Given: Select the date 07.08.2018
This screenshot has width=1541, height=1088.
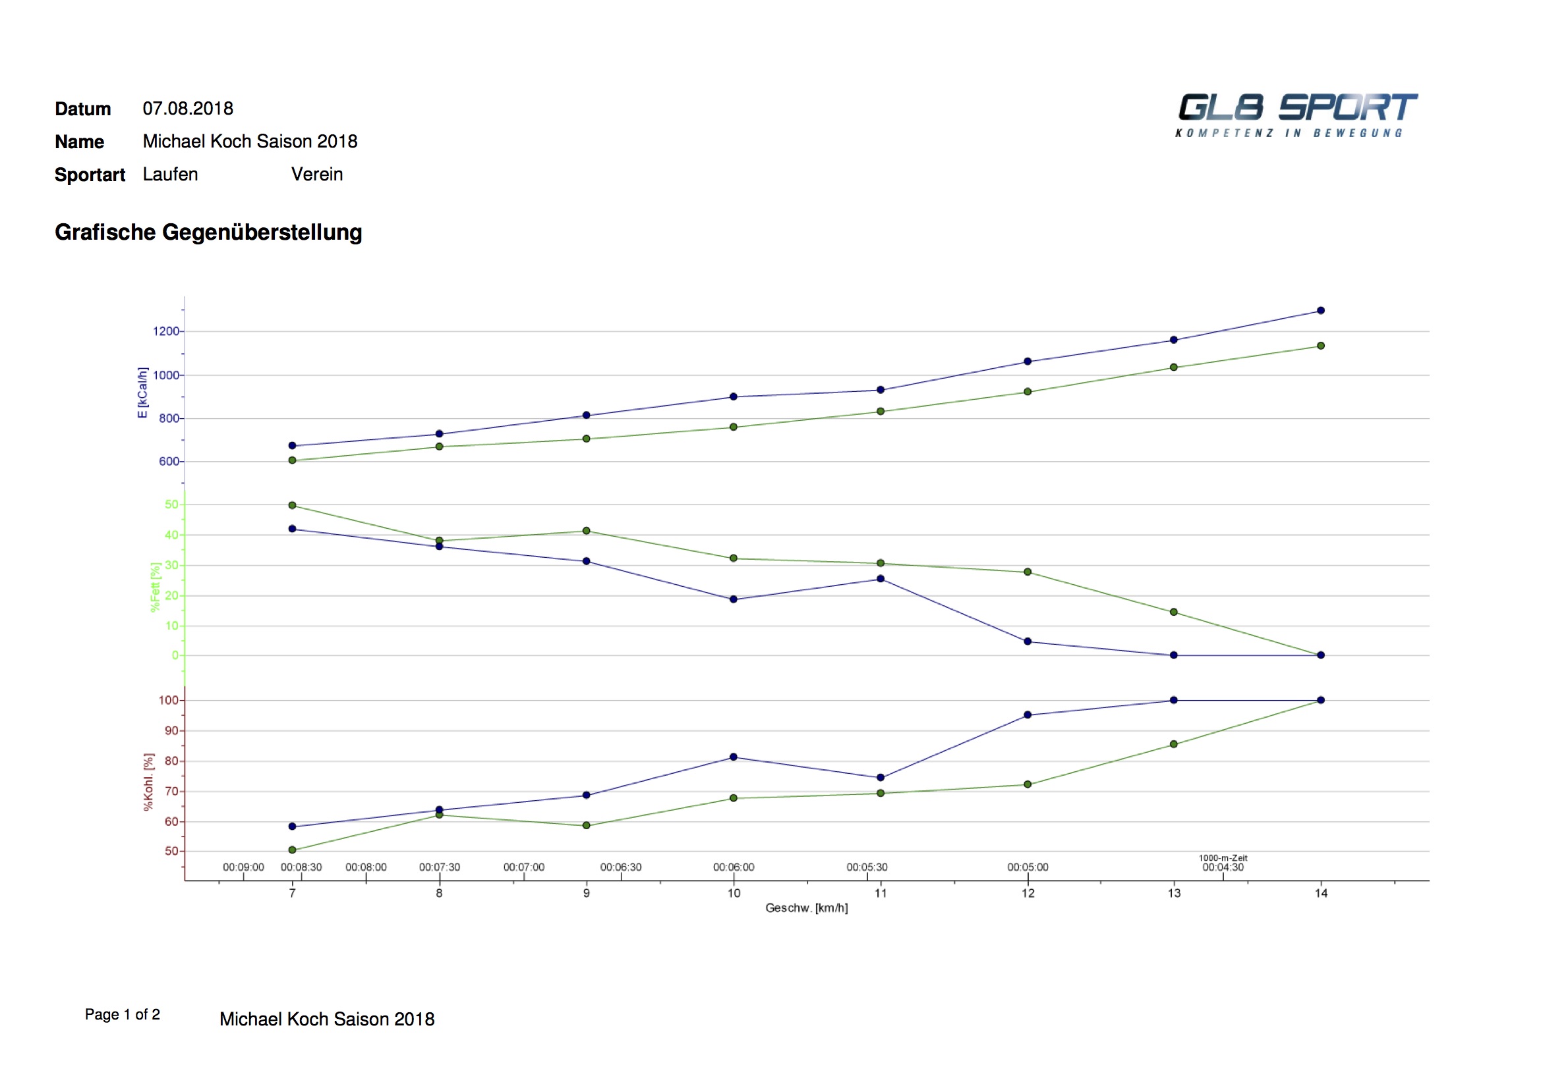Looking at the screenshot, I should click(x=188, y=109).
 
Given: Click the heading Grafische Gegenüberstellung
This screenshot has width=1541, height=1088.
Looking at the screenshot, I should click(x=208, y=232).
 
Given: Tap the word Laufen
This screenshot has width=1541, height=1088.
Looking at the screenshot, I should click(x=171, y=175).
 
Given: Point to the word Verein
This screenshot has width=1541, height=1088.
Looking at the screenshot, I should click(x=317, y=175).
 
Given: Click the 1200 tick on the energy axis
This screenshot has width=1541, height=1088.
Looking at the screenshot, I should click(x=166, y=331).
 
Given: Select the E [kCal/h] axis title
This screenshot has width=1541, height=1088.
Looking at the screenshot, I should click(x=142, y=393).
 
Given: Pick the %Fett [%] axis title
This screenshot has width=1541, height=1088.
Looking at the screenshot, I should click(x=156, y=587).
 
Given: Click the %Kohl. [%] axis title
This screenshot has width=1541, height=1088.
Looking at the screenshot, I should click(x=148, y=782).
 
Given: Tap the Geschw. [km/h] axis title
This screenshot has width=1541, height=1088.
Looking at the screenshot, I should click(x=806, y=908).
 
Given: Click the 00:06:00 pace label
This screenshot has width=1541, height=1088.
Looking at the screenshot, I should click(x=734, y=867).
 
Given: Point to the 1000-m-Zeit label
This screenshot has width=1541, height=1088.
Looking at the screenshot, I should click(x=1223, y=858).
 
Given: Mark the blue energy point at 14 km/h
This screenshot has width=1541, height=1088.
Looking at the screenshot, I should click(x=1321, y=311).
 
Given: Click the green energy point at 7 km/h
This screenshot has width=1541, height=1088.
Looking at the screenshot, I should click(x=292, y=460).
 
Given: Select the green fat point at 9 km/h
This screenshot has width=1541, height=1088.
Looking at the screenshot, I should click(x=586, y=531).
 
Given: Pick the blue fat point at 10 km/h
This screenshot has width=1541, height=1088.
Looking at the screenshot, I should click(x=733, y=599).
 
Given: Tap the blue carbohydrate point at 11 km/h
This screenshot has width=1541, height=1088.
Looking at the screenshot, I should click(x=881, y=778).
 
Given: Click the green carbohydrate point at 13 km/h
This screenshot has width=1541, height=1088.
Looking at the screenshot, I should click(x=1174, y=745).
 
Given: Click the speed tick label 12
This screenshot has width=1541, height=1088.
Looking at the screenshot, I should click(x=1028, y=894).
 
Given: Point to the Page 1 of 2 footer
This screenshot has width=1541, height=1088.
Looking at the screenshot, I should click(x=122, y=1014).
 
